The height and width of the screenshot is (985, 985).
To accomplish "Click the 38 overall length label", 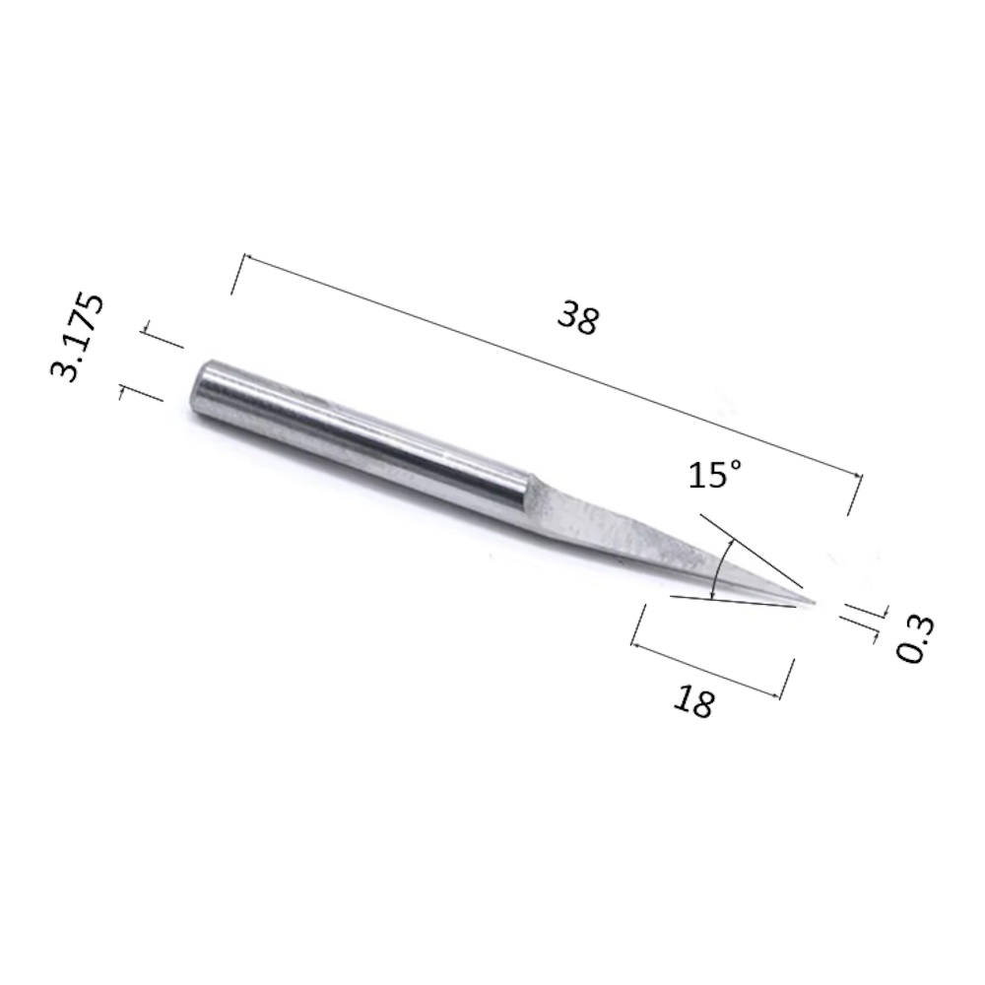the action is (578, 318).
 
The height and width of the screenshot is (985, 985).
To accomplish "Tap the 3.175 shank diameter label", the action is (77, 337).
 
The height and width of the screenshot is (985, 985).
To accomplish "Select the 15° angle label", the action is (715, 474).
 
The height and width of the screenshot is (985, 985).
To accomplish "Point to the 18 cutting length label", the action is (694, 701).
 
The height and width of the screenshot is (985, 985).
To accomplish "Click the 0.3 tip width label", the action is (915, 639).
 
